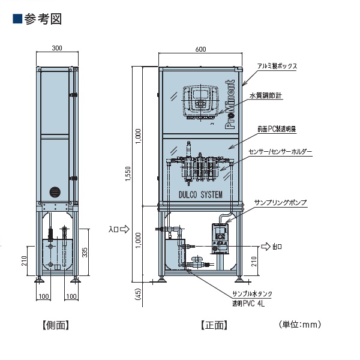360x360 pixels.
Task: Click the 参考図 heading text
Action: coord(43,19)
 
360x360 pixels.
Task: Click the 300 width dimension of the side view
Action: coord(57,48)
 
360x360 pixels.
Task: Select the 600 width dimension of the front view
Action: coord(200,49)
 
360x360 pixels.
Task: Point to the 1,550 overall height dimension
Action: coord(128,174)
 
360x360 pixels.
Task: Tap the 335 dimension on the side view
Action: coord(85,252)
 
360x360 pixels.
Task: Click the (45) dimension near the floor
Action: coord(139,294)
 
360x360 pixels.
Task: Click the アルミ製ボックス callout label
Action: coord(277,66)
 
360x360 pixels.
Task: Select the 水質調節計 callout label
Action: coord(266,95)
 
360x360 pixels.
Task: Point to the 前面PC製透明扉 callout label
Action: coord(277,129)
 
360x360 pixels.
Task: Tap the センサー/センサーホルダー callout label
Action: coord(280,152)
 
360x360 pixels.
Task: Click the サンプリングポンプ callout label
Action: coord(281,203)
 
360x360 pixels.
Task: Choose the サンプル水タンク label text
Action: coord(253,294)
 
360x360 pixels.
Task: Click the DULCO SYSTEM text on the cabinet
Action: coord(200,194)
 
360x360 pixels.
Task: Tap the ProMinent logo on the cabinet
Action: coord(230,104)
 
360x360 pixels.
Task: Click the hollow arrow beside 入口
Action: coord(125,229)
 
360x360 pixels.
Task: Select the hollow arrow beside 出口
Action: coord(266,247)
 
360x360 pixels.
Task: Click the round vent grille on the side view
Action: coord(55,192)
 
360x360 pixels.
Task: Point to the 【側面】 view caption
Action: coord(56,325)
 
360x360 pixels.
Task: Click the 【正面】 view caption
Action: coord(214,325)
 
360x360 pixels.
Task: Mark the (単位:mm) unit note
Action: coord(300,325)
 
